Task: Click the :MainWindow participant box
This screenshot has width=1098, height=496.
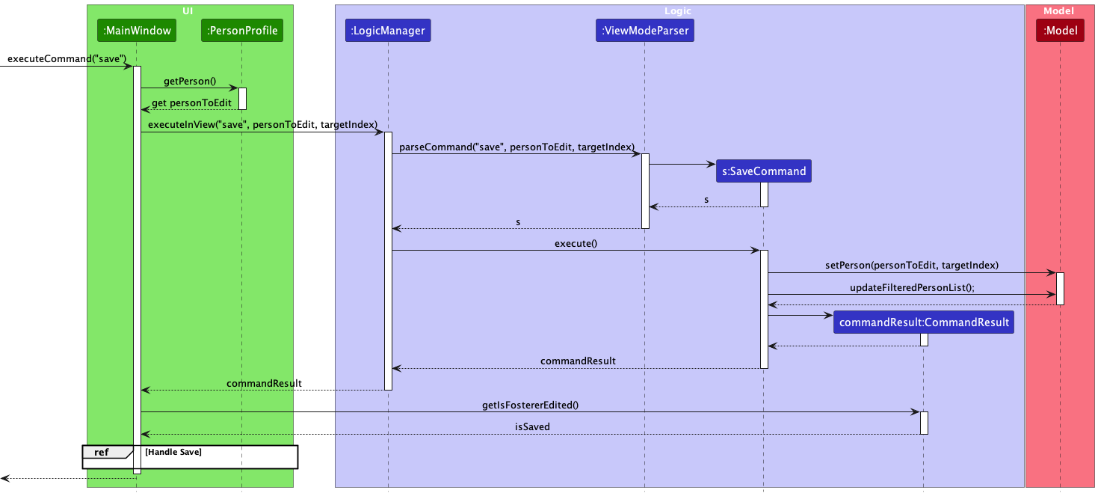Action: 137,31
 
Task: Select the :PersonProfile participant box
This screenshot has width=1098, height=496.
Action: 242,31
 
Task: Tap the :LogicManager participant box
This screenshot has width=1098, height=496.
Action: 387,31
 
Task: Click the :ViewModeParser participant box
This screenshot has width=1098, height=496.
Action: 644,31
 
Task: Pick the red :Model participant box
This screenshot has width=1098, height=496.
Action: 1059,31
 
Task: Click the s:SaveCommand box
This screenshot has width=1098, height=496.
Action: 763,171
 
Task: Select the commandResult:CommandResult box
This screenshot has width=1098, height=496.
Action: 924,322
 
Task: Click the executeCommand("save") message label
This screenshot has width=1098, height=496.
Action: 67,58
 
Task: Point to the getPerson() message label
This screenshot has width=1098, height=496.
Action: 189,81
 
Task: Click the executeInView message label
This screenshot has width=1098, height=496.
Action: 262,124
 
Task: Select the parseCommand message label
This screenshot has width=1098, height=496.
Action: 516,147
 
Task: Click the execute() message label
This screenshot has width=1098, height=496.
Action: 576,243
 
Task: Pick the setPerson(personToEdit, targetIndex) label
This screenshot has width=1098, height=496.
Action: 911,265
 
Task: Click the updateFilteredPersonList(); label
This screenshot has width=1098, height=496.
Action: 912,287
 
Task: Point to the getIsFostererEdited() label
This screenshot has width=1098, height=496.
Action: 530,405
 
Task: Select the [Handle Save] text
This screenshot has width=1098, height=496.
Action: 173,452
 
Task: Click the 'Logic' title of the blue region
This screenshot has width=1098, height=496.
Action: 678,10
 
